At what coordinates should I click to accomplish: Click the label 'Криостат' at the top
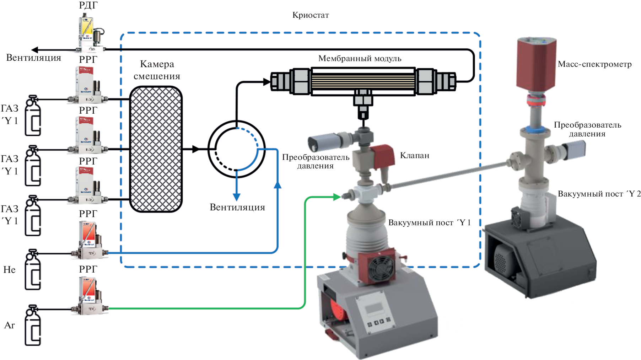tap(310, 15)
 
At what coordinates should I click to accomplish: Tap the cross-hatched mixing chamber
tap(156, 149)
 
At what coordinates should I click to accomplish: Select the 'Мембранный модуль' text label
tap(360, 58)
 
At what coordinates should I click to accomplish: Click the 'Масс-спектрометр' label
tap(594, 64)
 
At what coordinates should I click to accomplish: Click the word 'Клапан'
tap(414, 155)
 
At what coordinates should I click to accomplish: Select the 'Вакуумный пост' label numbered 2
tap(599, 194)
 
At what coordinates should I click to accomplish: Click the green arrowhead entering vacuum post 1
tap(337, 197)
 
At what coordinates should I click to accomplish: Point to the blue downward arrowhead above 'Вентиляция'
tap(236, 197)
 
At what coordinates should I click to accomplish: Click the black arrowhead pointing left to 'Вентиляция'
tap(35, 50)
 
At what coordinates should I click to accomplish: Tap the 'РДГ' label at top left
tap(88, 5)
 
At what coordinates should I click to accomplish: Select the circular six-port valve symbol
tap(236, 149)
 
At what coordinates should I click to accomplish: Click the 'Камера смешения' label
tap(157, 70)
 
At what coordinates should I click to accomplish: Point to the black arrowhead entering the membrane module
tap(266, 82)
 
